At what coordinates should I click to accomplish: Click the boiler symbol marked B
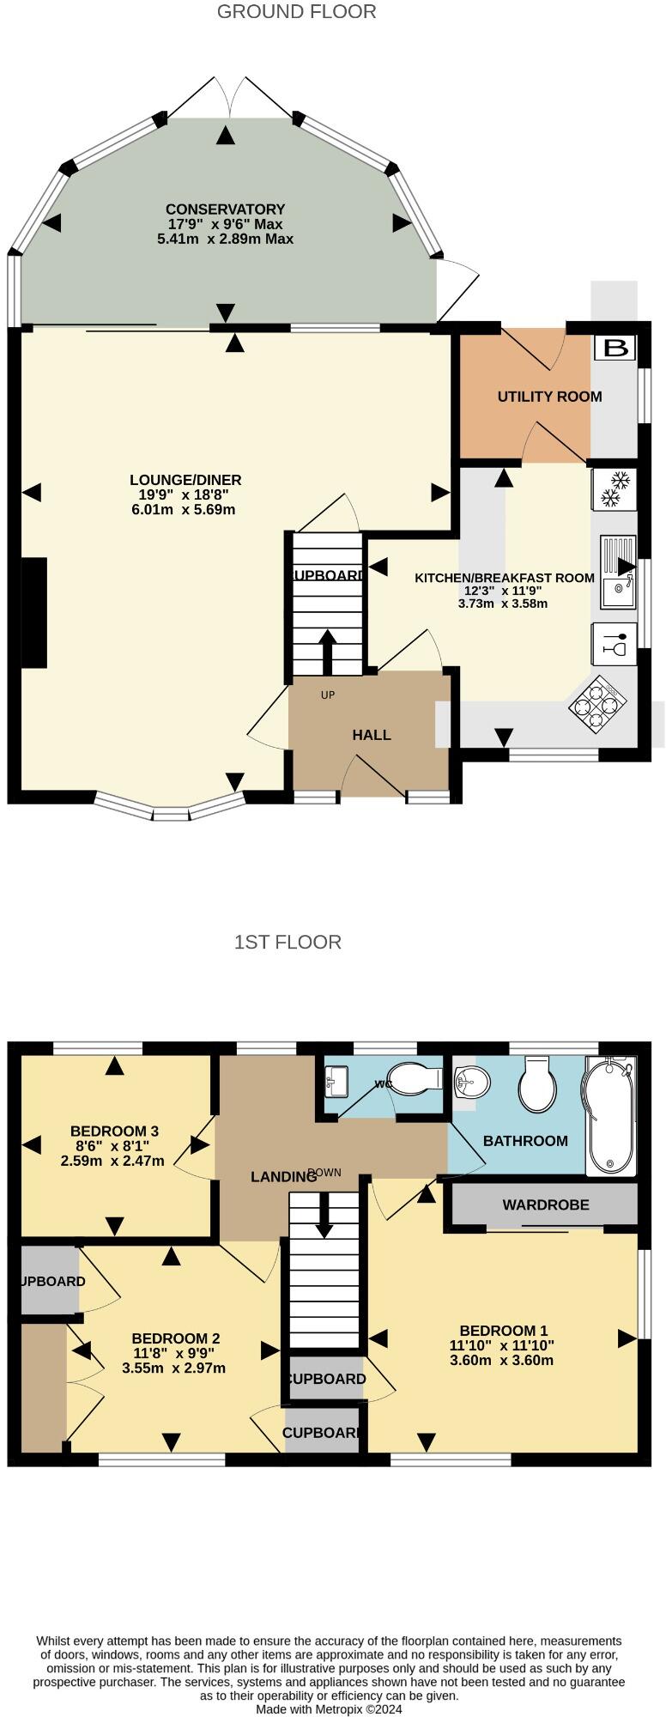coord(615,348)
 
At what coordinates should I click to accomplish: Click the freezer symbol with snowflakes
coord(615,488)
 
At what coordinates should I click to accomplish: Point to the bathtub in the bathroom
coord(611,1115)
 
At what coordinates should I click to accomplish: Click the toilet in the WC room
coord(415,1078)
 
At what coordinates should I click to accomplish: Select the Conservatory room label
coord(225,209)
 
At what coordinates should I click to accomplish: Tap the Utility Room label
coord(549,397)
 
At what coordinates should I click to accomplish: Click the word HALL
coord(371,735)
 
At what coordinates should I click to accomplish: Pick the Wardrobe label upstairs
coord(546,1204)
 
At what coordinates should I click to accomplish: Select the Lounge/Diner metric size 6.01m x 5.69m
coord(183,509)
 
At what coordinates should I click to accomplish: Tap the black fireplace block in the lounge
coord(33,612)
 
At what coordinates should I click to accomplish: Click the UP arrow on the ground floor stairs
coord(327,652)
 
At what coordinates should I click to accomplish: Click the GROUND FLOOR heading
coord(296,12)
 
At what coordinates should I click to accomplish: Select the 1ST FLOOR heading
coord(288,942)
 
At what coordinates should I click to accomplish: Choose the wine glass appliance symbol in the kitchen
coord(615,643)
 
